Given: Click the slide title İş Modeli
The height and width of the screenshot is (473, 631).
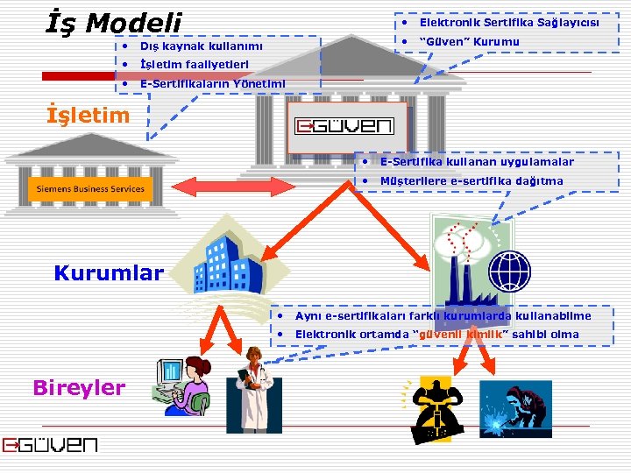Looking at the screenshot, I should coord(114,24).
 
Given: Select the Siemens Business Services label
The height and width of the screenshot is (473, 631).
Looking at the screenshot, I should coord(90,189).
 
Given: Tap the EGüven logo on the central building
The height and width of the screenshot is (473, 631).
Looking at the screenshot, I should coord(344,126).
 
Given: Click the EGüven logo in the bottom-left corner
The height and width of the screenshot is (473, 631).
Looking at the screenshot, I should coord(50,445).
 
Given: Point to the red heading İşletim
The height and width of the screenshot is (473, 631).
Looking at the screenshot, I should coord(88,115).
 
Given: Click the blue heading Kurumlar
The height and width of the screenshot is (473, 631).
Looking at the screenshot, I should coord(109,272).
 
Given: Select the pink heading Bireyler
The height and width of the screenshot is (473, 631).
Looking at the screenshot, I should coord(79,387).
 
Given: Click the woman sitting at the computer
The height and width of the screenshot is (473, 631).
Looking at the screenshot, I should coord(183,385).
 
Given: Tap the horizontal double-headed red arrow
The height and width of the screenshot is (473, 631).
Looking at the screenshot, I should coord(210,186).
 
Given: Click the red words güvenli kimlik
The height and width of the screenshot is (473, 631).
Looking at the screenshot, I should coord(461,335).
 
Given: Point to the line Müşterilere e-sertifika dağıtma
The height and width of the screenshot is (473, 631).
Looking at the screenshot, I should coord(471,181).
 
